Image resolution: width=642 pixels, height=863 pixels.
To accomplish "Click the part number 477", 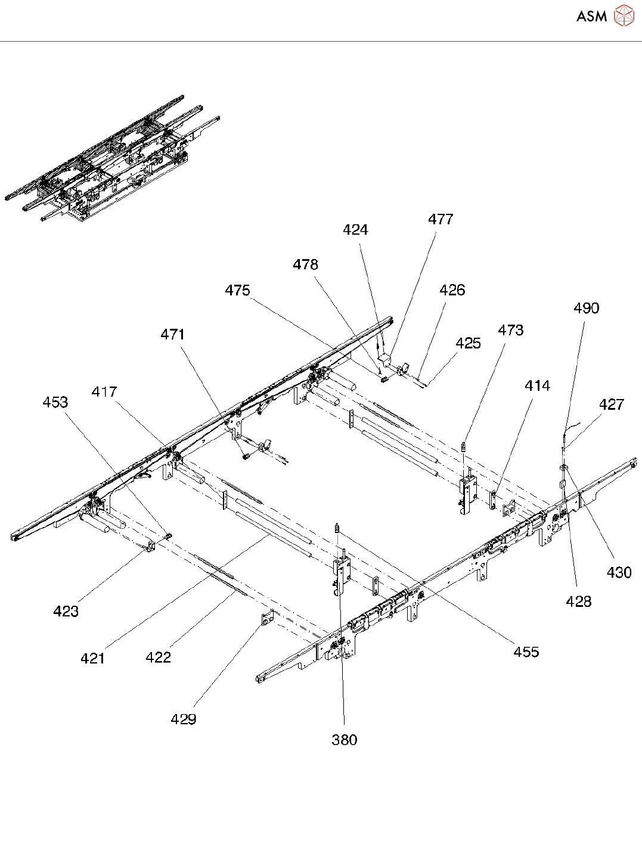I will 441,219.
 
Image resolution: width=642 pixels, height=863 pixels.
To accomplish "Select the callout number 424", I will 355,230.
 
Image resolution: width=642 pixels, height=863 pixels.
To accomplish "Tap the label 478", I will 305,264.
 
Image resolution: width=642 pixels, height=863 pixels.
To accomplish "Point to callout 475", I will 237,290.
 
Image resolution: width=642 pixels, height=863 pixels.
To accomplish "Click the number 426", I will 452,290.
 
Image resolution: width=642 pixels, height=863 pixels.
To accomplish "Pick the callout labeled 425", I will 468,343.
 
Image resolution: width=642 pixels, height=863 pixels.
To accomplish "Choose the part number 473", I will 510,330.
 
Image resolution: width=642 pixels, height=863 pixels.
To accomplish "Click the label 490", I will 586,308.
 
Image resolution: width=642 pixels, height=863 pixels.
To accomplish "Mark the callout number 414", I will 537,386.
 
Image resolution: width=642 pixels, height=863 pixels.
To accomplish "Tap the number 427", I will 611,404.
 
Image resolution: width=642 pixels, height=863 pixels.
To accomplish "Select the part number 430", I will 619,572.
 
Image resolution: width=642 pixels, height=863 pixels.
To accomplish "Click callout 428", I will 578,602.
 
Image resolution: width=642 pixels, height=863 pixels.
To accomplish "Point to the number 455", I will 526,652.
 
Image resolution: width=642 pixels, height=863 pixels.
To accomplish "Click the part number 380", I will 344,740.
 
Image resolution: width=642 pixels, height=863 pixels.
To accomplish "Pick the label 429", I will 183,719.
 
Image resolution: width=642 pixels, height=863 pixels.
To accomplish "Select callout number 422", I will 158,657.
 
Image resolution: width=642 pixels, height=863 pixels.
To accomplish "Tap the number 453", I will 55,402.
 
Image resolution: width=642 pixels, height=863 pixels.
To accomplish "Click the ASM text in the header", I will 591,17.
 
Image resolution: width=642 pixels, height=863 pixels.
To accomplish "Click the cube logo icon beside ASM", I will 624,16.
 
